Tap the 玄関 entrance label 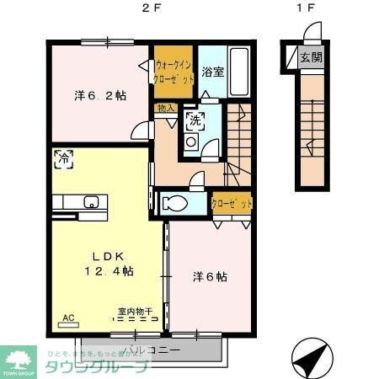pos(311,57)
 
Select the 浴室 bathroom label pos(212,72)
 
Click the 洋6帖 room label pos(211,275)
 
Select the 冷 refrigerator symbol pos(62,156)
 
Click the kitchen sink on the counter pos(91,201)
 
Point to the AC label pos(68,318)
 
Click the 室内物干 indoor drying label pos(135,312)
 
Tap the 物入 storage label pos(166,108)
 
